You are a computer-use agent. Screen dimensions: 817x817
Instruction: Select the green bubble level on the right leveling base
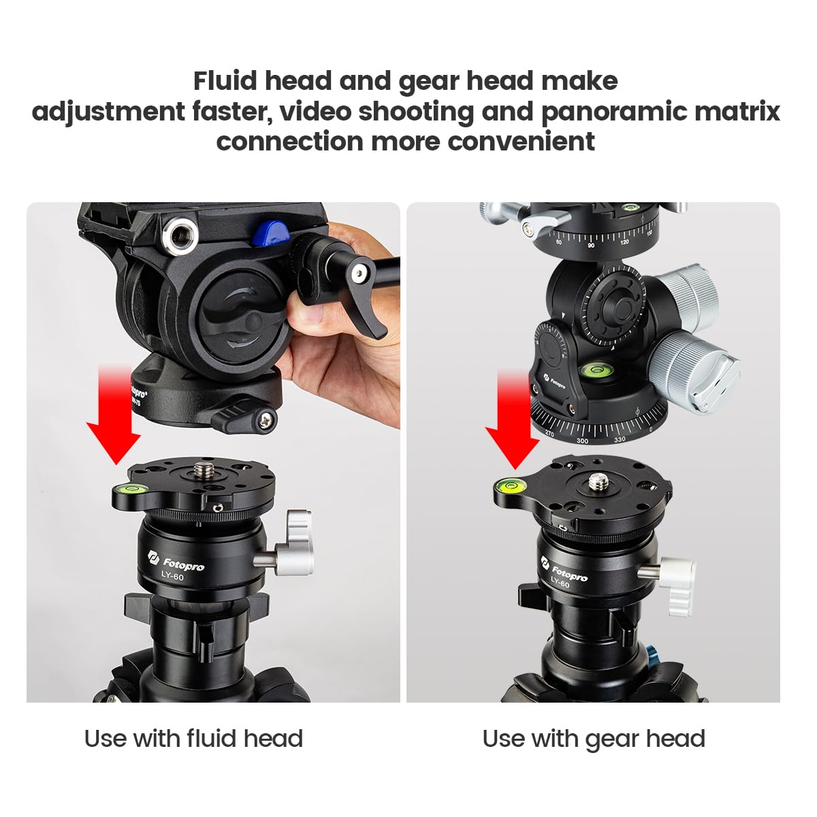click(509, 485)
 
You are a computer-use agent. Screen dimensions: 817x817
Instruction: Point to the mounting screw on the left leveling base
click(203, 469)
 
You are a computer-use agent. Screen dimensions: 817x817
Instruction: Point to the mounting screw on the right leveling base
click(598, 481)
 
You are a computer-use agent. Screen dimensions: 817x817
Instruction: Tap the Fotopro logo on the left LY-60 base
click(176, 563)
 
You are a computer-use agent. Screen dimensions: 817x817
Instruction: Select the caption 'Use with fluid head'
click(193, 739)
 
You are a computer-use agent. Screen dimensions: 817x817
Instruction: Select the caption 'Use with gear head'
click(593, 739)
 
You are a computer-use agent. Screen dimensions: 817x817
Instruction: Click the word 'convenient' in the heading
click(521, 142)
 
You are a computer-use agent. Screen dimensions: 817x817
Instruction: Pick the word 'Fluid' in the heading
click(225, 80)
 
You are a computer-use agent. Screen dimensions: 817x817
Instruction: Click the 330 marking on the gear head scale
click(620, 439)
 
